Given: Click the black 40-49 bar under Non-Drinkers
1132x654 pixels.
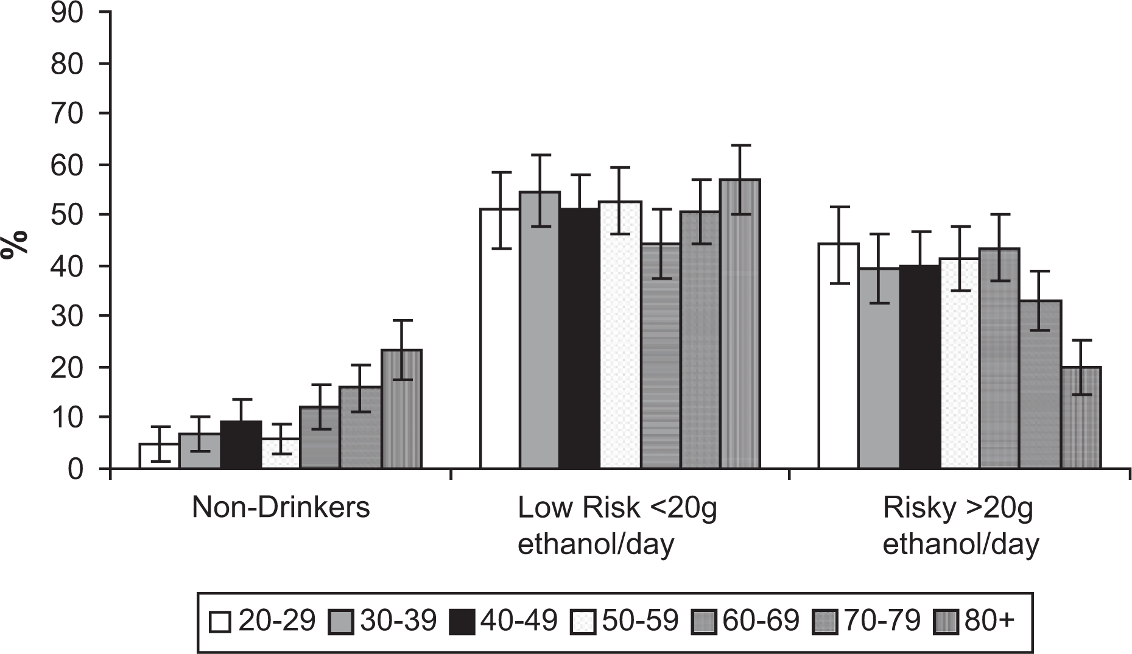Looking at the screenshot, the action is pyautogui.click(x=241, y=445).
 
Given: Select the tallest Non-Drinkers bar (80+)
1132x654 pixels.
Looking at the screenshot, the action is pyautogui.click(x=401, y=409).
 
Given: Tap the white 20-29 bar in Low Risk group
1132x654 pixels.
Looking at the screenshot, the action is pyautogui.click(x=500, y=339).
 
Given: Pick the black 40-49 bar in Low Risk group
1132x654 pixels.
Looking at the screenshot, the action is pyautogui.click(x=579, y=339).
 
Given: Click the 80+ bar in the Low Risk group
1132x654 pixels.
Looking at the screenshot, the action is pyautogui.click(x=740, y=324).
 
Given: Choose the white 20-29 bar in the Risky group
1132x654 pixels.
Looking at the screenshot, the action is pyautogui.click(x=838, y=356).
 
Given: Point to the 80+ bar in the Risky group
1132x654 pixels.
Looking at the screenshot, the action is pyautogui.click(x=1081, y=418).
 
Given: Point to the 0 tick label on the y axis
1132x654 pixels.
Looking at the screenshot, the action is pyautogui.click(x=74, y=469).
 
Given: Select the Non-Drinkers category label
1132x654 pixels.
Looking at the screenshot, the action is pyautogui.click(x=281, y=507).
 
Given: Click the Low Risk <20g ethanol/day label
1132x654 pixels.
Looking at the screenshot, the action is pyautogui.click(x=617, y=526).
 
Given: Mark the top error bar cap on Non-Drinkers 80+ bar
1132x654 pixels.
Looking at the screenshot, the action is pyautogui.click(x=401, y=320).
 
